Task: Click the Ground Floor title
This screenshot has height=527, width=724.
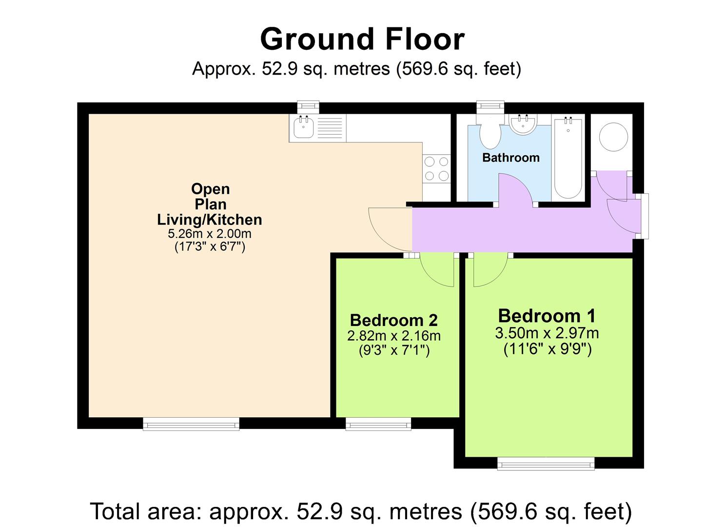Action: [362, 39]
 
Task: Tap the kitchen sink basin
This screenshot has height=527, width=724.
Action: [304, 129]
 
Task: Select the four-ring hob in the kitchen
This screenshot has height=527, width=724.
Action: [436, 168]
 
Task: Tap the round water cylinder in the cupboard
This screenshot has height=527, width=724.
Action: [613, 137]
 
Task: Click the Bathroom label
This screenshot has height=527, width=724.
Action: [510, 158]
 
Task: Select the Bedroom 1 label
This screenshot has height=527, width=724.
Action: [547, 316]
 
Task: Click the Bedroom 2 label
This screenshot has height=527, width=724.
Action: [393, 320]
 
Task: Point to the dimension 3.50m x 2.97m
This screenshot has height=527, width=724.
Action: [547, 333]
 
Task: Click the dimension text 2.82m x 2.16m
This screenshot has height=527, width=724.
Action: [393, 336]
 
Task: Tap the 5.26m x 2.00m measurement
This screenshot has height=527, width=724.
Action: [210, 234]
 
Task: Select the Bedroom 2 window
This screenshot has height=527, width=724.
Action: [378, 425]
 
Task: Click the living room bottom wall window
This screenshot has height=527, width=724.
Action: [191, 424]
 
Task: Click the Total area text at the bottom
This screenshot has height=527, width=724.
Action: [361, 511]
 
